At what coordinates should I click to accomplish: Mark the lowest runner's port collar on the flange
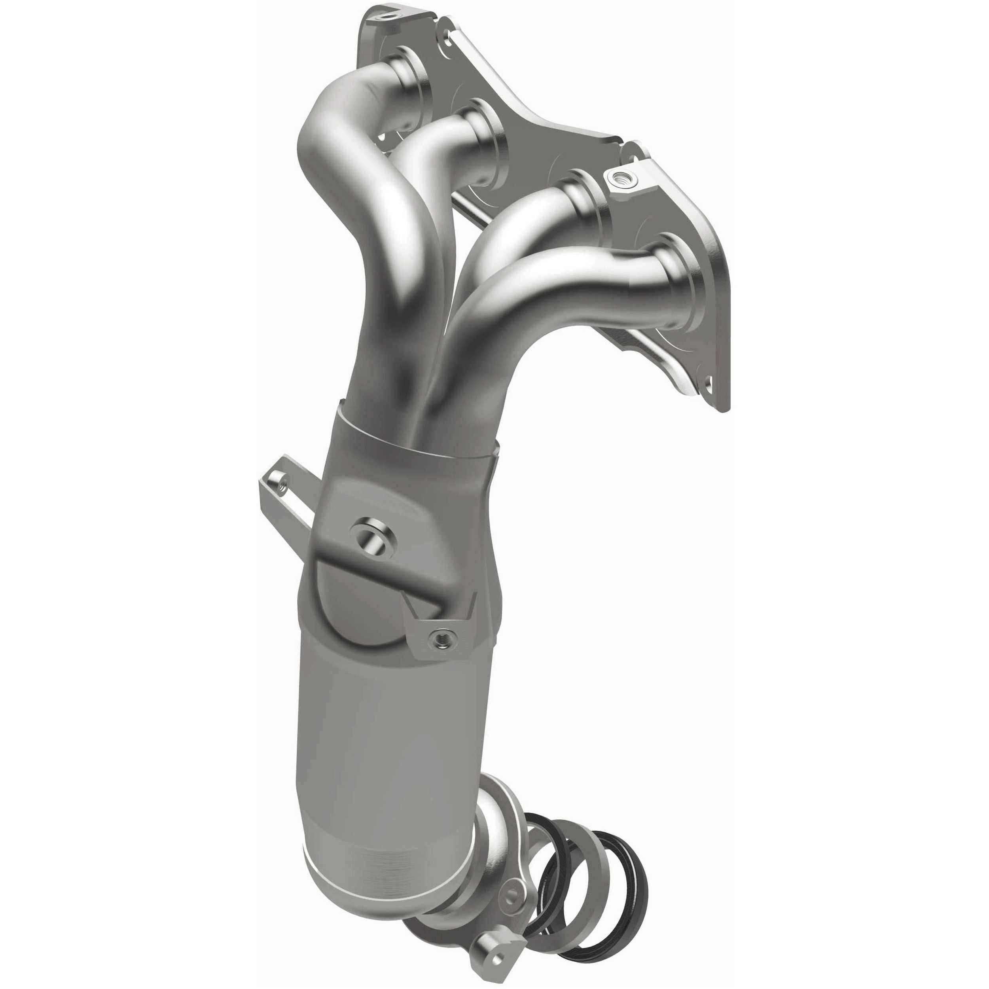671,282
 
